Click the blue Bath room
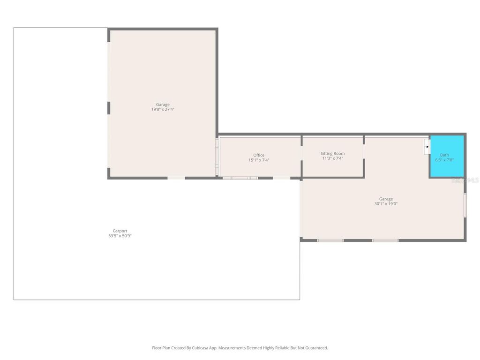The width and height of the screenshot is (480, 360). pos(447,157)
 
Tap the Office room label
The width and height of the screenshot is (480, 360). pos(259,155)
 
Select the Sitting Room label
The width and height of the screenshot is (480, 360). pos(332,153)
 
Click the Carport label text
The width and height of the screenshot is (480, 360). pos(120,231)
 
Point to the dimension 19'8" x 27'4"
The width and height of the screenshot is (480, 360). pos(163,109)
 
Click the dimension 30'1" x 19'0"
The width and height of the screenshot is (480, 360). pos(386,204)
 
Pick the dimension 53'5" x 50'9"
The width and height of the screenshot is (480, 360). pos(120,236)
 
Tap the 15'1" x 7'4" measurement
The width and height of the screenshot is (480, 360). pos(259,160)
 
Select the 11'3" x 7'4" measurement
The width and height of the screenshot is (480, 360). pos(332,158)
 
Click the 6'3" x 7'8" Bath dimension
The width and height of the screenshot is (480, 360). pos(444,160)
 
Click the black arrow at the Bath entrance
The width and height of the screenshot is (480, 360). pos(426,147)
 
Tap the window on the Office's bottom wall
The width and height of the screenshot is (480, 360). pos(240,178)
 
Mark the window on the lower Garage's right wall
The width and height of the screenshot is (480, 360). pos(465,205)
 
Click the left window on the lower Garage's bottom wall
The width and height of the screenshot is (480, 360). pos(330,240)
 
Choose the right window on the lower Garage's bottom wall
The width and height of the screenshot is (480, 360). pos(385,240)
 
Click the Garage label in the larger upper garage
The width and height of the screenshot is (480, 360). pos(163,105)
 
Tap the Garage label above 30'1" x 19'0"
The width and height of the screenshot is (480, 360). pos(386,199)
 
